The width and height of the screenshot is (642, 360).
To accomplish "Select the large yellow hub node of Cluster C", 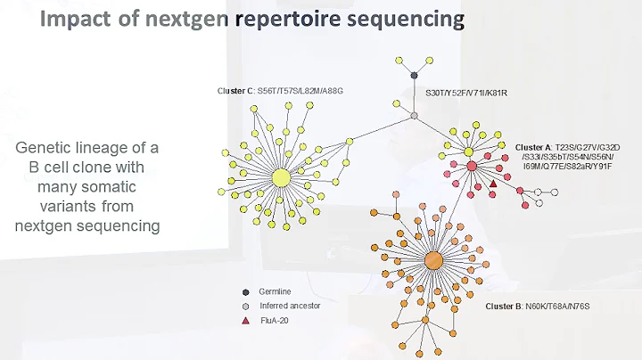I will click(280, 177).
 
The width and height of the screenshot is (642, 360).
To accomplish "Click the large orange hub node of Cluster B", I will click(433, 260).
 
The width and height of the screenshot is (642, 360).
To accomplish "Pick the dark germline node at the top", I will click(415, 76).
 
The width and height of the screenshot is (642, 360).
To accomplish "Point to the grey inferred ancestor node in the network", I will click(415, 116).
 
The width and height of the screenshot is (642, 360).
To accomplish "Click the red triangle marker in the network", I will click(493, 184).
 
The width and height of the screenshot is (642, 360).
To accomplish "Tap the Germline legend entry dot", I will click(245, 291).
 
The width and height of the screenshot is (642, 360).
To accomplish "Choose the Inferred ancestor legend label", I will click(289, 305).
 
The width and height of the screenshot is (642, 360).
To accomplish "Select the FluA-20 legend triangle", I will click(245, 319).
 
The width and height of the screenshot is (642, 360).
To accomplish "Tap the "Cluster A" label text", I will click(532, 146).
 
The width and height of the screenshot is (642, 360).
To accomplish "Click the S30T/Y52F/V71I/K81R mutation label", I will click(466, 92).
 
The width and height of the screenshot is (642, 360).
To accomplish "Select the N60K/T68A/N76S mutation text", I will click(564, 306).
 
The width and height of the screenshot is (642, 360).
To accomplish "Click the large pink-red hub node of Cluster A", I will click(471, 166).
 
